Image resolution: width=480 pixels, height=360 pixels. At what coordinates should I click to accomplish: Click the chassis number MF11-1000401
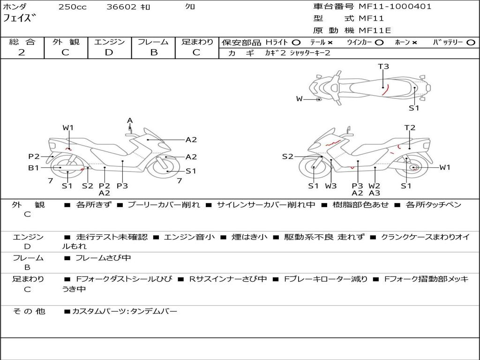click(x=395, y=6)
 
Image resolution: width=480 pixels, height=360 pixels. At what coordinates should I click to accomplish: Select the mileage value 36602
click(x=121, y=7)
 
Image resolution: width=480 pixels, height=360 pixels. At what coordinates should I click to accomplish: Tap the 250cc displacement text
click(x=73, y=7)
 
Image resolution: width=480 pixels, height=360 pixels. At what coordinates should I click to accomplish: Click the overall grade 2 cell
click(x=22, y=52)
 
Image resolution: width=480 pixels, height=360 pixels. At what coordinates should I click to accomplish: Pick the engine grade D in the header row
click(x=109, y=52)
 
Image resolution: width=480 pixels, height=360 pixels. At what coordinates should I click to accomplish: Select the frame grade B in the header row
click(x=154, y=52)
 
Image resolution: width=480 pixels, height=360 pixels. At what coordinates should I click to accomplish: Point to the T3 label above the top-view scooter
click(x=383, y=67)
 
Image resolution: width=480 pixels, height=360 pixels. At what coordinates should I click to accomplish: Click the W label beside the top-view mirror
click(x=300, y=99)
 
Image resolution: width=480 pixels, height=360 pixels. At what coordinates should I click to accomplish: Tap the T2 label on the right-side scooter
click(x=410, y=127)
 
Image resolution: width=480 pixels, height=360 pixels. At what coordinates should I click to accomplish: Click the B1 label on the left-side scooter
click(x=34, y=168)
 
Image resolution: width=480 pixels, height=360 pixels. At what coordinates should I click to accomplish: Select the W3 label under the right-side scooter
click(x=331, y=186)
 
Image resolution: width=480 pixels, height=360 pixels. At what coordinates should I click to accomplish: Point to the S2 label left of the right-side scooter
click(x=288, y=157)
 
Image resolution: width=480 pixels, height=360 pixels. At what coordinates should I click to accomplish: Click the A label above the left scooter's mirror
click(x=130, y=120)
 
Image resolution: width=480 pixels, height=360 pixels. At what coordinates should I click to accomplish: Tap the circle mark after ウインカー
click(x=379, y=43)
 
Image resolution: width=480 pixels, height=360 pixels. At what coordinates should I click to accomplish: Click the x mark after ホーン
click(x=414, y=43)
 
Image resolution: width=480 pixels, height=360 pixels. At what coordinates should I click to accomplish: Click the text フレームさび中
click(x=103, y=258)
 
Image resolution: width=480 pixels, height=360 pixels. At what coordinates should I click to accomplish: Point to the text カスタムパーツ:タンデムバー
click(x=125, y=311)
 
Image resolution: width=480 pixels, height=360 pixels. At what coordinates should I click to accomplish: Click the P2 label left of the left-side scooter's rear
click(x=34, y=157)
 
